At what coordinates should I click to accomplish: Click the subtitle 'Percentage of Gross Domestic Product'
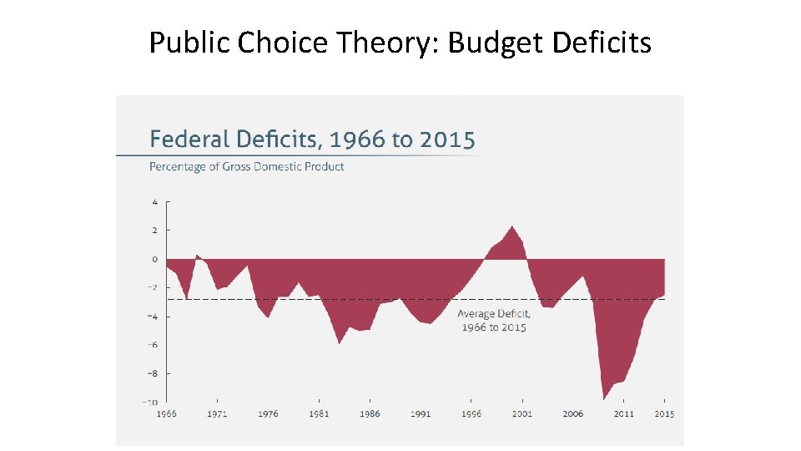pos(246,166)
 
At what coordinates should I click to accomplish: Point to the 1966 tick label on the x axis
pos(166,413)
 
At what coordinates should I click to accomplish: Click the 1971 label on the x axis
pos(217,413)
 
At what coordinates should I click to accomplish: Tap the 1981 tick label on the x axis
pos(319,413)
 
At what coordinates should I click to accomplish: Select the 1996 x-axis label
pos(471,413)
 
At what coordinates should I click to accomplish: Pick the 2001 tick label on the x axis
pos(522,413)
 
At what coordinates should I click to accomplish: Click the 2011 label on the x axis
pos(624,413)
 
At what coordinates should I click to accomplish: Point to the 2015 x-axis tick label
pos(665,413)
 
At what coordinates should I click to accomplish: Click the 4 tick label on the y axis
pos(154,201)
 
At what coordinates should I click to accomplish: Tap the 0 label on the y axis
pos(154,259)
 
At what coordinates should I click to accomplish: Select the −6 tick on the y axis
pos(153,345)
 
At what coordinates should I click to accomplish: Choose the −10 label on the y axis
pos(151,402)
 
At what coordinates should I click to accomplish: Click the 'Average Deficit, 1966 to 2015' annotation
pos(494,321)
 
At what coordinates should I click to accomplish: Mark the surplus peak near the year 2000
pos(512,226)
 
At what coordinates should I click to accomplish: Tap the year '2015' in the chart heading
pos(447,139)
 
